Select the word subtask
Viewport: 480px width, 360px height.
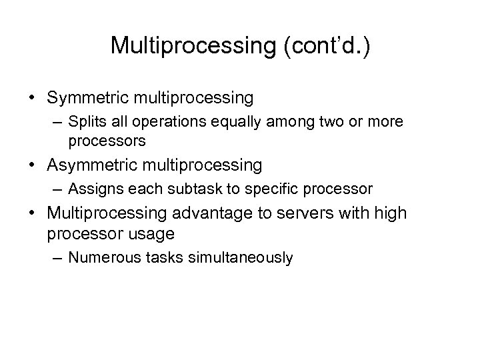[183, 189]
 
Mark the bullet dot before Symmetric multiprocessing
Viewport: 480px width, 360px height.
[31, 99]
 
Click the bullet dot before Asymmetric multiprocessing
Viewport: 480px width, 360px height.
[31, 164]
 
